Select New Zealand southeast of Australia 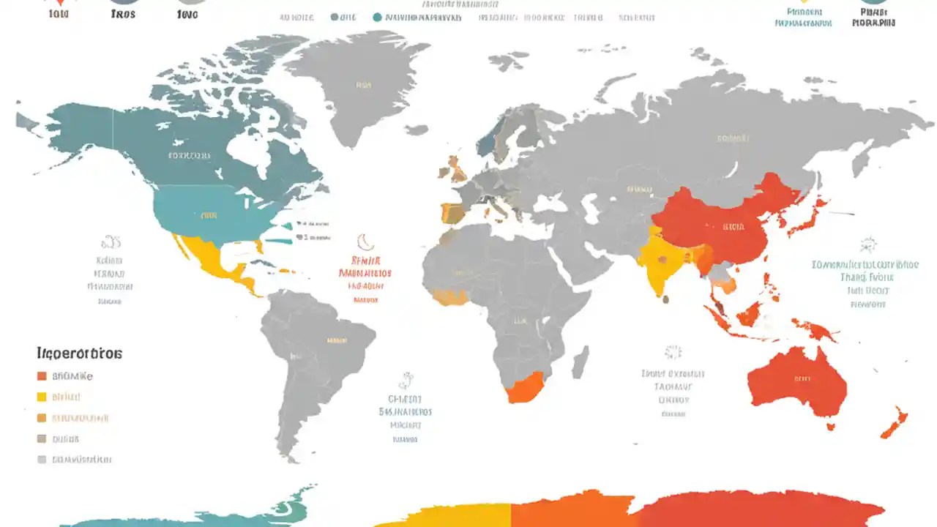pyautogui.click(x=895, y=423)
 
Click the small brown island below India pyautogui.click(x=664, y=299)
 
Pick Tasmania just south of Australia pyautogui.click(x=831, y=426)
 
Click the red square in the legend pyautogui.click(x=42, y=376)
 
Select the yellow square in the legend pyautogui.click(x=42, y=397)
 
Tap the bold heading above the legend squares pyautogui.click(x=79, y=354)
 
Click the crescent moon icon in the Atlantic pyautogui.click(x=364, y=242)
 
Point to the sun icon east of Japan pyautogui.click(x=869, y=244)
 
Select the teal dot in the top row pyautogui.click(x=377, y=17)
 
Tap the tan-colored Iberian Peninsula pyautogui.click(x=452, y=213)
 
